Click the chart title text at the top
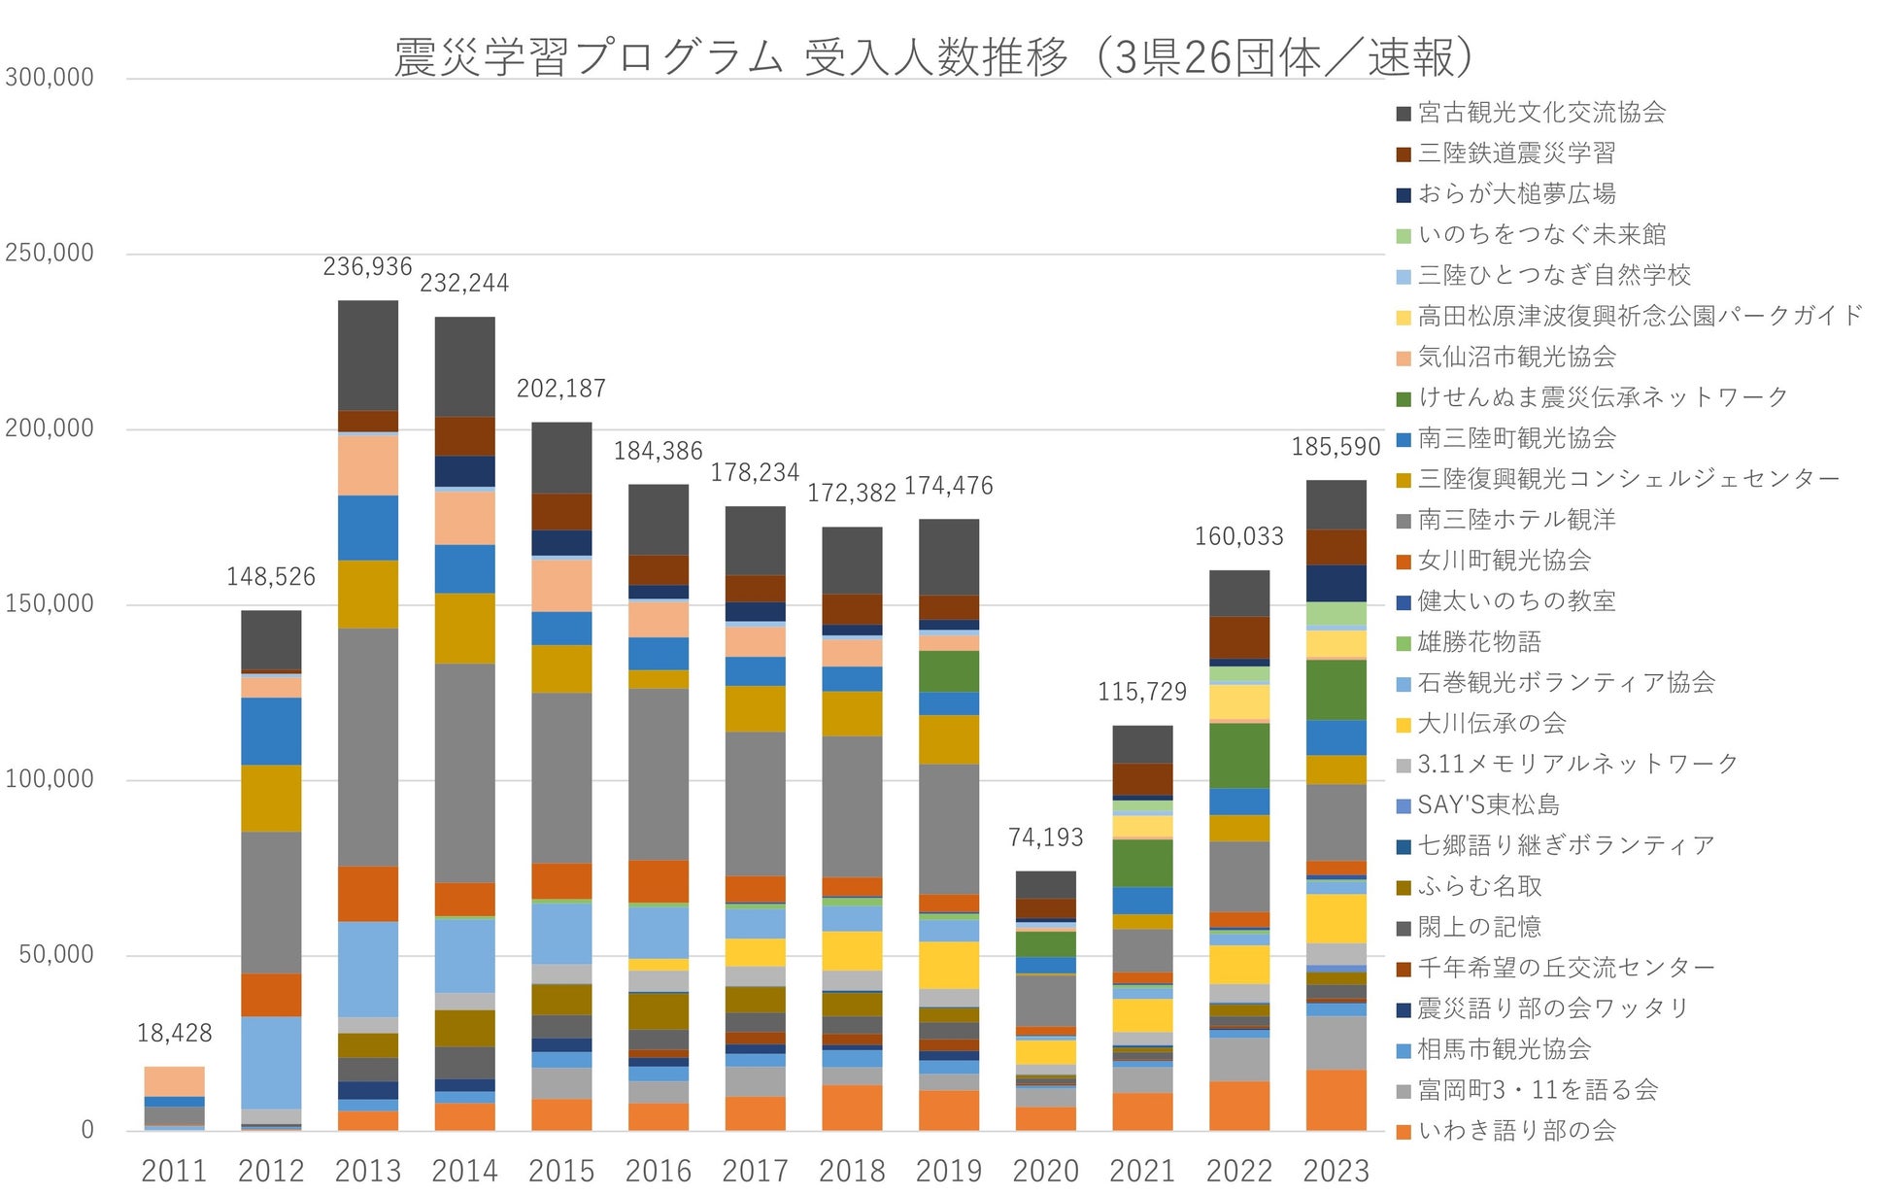(932, 56)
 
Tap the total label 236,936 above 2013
(367, 266)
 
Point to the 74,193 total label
(1045, 837)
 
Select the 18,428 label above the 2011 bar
(174, 1033)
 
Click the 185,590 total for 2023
(1336, 447)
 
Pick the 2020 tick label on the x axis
(1045, 1171)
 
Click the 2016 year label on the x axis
(659, 1171)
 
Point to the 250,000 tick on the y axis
(50, 254)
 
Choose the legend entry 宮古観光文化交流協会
(1541, 113)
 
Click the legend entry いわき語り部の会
(1516, 1131)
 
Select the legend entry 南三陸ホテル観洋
(1516, 520)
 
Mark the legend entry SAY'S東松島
(1488, 805)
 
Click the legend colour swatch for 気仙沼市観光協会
(1404, 358)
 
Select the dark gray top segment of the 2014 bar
(464, 366)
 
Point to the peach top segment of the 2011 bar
(174, 1081)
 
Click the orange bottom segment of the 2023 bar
(1336, 1100)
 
